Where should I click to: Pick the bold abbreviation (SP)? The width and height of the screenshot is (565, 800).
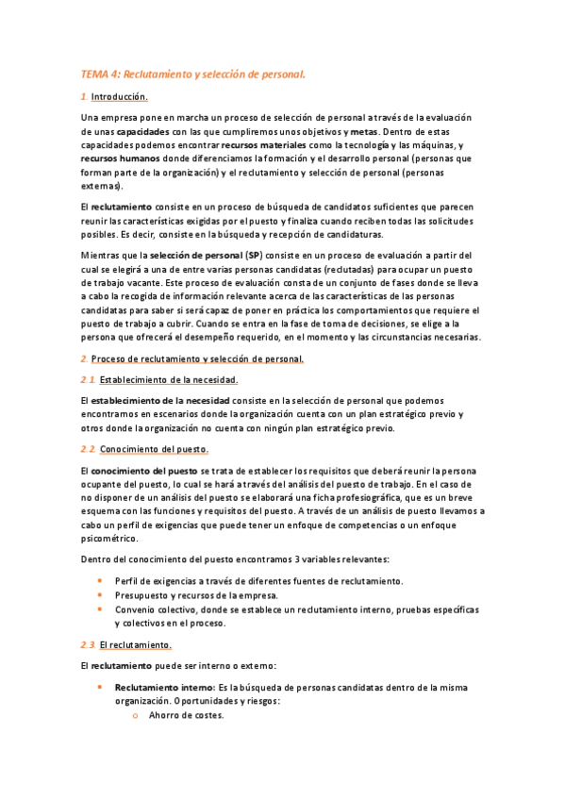coord(252,256)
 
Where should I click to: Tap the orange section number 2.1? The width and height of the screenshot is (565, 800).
coord(88,379)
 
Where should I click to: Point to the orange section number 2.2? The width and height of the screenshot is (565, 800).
coord(88,448)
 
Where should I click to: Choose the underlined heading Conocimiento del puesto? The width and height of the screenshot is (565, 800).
coord(154,448)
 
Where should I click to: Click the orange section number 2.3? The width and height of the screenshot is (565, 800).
coord(88,644)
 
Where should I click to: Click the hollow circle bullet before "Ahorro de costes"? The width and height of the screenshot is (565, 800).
coord(137,716)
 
